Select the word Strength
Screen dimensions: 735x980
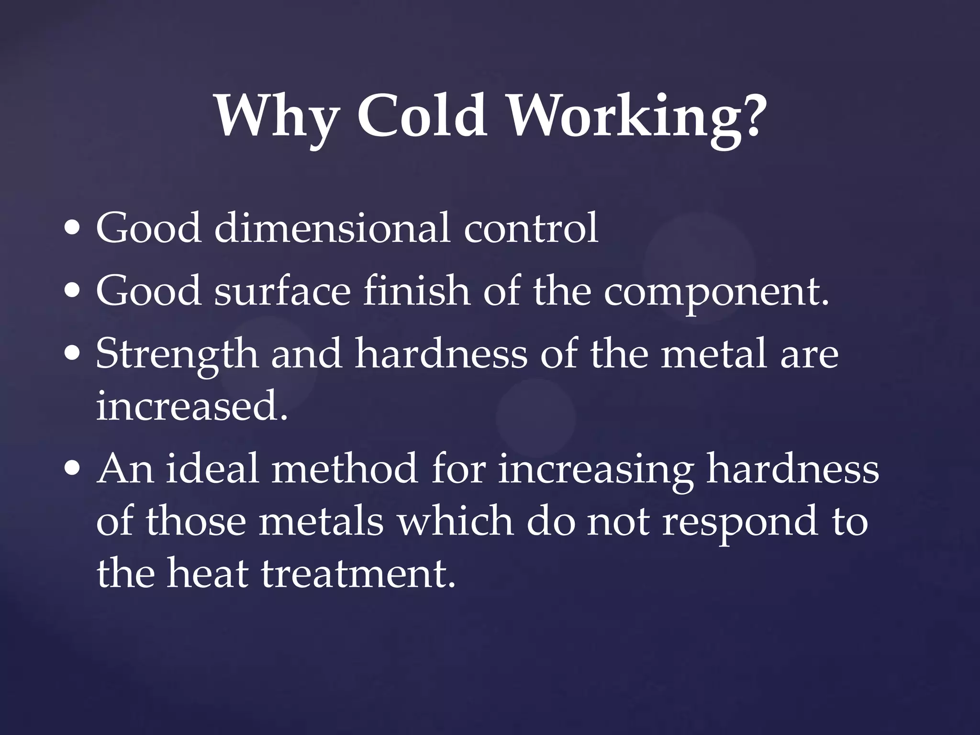pos(177,355)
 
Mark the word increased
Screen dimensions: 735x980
pos(192,406)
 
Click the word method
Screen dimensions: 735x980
pos(345,468)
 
